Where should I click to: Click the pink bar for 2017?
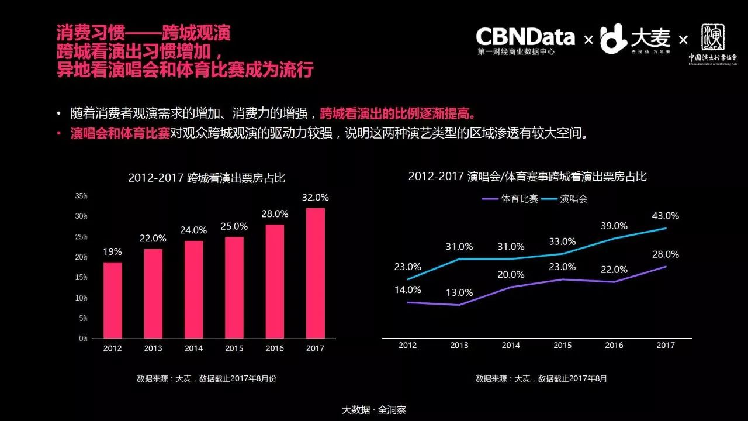coord(316,273)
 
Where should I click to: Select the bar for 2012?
coord(113,300)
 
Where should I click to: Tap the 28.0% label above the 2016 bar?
coord(275,214)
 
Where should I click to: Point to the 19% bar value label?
coord(112,252)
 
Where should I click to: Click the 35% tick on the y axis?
coord(81,196)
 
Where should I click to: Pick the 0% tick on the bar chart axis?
coord(83,339)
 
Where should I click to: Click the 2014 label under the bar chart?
coord(193,348)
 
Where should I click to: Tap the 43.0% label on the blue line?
coord(666,216)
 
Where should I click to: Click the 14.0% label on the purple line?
coord(408,289)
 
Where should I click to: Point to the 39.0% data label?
coord(614,226)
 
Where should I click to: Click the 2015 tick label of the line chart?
coord(562,346)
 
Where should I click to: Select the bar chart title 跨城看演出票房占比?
coord(207,178)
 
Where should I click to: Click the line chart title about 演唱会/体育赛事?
coord(528,177)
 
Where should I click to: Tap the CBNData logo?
coord(525,39)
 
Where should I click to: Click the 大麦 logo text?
coord(650,39)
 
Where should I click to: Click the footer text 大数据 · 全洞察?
coord(374,410)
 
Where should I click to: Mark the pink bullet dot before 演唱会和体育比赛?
coord(58,134)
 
